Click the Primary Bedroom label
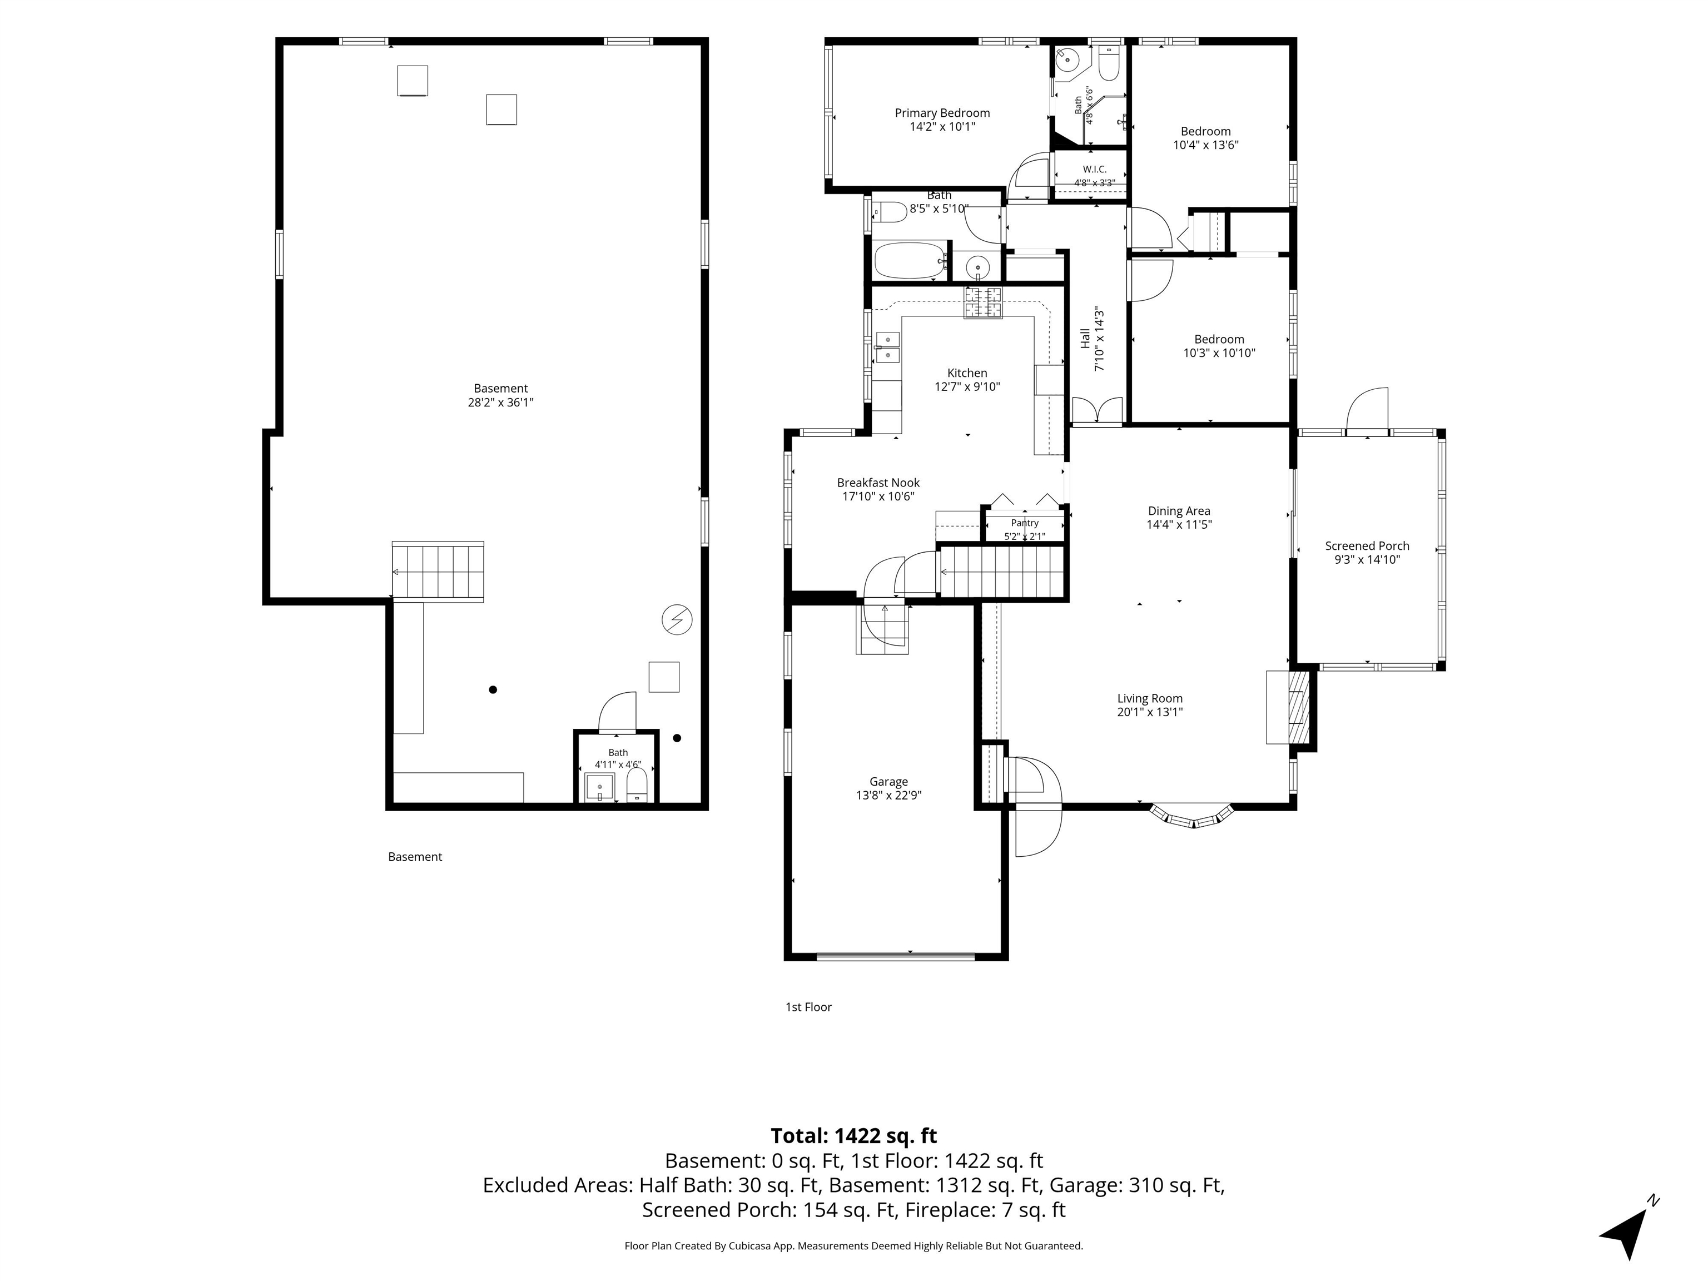pyautogui.click(x=942, y=113)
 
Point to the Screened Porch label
pyautogui.click(x=1367, y=546)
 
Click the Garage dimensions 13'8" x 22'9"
pyautogui.click(x=888, y=795)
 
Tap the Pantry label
pyautogui.click(x=1025, y=523)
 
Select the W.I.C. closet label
pyautogui.click(x=1094, y=169)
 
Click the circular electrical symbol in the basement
pyautogui.click(x=677, y=619)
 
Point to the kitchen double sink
pyautogui.click(x=887, y=347)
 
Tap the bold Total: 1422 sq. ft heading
pyautogui.click(x=853, y=1136)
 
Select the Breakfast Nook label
pyautogui.click(x=878, y=483)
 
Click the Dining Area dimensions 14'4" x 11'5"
pyautogui.click(x=1179, y=524)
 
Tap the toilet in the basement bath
pyautogui.click(x=636, y=785)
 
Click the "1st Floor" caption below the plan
pyautogui.click(x=808, y=1007)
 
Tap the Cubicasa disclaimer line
pyautogui.click(x=853, y=1245)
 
